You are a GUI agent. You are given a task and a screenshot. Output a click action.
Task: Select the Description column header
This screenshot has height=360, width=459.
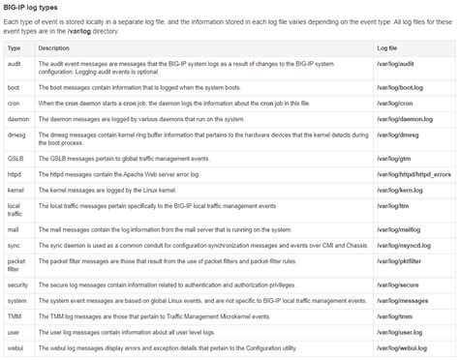(x=55, y=47)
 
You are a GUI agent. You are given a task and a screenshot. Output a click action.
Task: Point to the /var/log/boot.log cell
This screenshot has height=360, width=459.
(x=398, y=87)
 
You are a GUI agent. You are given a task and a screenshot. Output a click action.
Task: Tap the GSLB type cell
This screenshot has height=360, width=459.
(x=15, y=158)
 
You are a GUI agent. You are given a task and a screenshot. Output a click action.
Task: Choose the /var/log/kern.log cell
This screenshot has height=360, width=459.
(x=398, y=190)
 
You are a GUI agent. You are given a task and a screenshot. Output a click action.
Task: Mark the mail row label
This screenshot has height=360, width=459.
(x=14, y=229)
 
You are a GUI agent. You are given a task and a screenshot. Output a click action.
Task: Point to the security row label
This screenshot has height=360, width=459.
(x=18, y=285)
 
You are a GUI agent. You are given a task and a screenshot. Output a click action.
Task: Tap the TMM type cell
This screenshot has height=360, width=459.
(x=15, y=316)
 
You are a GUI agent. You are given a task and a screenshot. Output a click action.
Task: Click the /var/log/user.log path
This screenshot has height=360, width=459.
(x=398, y=332)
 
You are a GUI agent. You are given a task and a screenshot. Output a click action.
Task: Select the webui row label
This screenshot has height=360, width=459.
(x=15, y=347)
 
